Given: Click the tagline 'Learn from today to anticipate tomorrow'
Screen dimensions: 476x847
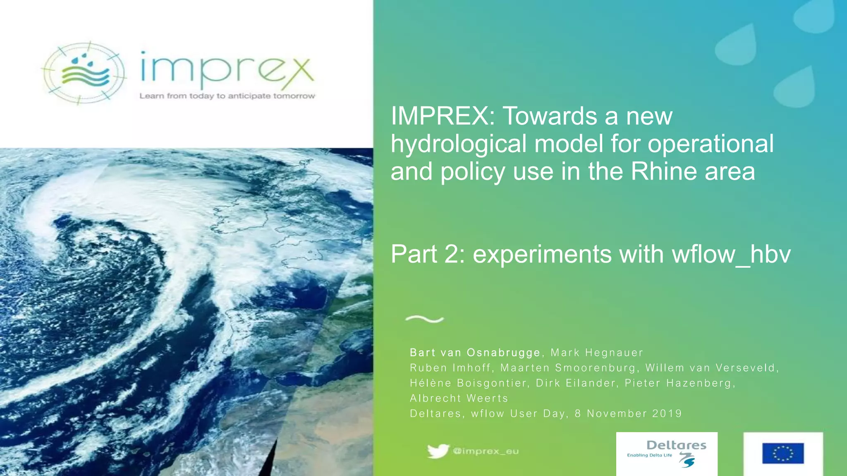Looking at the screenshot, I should (227, 96).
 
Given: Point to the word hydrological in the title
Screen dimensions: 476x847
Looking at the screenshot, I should (459, 144).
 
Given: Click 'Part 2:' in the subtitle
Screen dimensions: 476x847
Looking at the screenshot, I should (428, 254).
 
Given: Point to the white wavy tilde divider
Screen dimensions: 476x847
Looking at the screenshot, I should (424, 319).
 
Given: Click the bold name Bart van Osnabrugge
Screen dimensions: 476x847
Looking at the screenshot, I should (475, 352).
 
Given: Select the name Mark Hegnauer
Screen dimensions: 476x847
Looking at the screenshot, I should (597, 352).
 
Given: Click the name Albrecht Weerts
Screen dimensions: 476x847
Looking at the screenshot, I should (459, 398).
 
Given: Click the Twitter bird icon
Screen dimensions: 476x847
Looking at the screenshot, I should (438, 451).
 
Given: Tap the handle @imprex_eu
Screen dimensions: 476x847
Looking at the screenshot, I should (486, 451).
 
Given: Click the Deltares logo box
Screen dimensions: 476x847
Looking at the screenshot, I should (667, 454).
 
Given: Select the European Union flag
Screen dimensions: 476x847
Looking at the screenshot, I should (783, 454).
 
